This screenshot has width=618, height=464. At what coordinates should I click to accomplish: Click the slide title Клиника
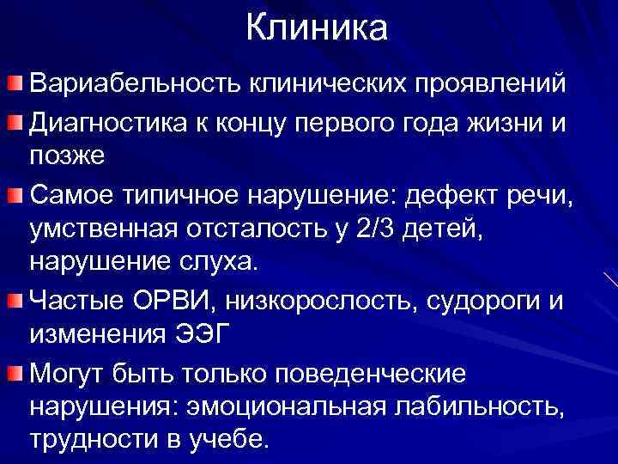tap(317, 28)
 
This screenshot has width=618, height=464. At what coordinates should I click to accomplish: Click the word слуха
tap(217, 266)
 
